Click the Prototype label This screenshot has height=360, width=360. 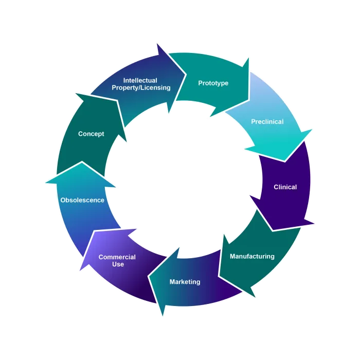[213, 83]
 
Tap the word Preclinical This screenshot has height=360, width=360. [267, 122]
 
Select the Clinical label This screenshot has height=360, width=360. [285, 187]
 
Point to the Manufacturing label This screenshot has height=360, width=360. [252, 256]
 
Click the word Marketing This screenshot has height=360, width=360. [185, 282]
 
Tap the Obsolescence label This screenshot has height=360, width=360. [82, 200]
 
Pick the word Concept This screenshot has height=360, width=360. [91, 134]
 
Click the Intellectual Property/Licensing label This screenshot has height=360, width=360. [141, 84]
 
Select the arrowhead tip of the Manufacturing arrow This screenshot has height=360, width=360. [255, 298]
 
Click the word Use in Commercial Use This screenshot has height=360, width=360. [118, 264]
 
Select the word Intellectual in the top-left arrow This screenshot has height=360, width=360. [140, 80]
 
